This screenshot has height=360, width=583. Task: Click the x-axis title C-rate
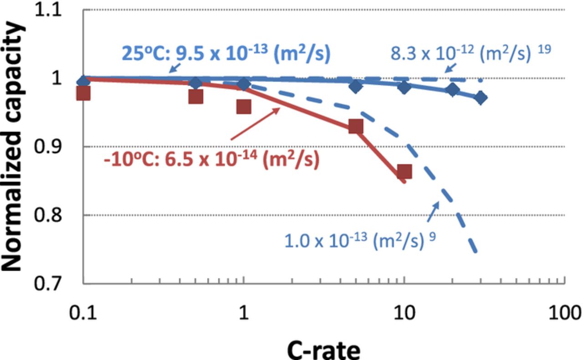tap(323, 350)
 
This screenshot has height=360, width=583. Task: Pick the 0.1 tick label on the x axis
tap(83, 314)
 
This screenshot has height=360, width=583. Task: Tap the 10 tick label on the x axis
tap(404, 314)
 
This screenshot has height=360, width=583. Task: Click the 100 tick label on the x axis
tap(564, 314)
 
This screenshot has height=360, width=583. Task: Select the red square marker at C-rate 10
tap(404, 172)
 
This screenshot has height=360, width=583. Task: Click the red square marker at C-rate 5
tap(356, 127)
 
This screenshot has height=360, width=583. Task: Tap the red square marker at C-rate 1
tap(244, 107)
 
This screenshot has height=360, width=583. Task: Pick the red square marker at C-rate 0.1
tap(83, 93)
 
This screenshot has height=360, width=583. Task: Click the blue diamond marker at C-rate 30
tap(481, 98)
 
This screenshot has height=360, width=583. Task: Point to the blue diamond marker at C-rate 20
tap(452, 90)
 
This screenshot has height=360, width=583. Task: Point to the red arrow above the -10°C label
tap(255, 123)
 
